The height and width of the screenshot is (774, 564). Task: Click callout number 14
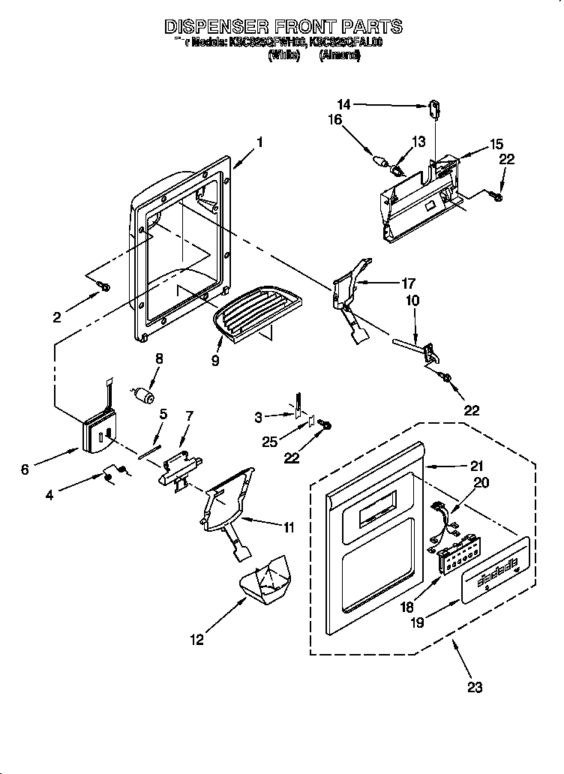pos(343,105)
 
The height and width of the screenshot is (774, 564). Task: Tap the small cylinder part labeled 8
pos(143,394)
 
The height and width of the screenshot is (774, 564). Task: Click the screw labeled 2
pos(104,286)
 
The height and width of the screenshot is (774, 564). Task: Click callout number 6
pos(25,469)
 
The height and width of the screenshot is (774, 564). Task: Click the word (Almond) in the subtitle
pos(339,55)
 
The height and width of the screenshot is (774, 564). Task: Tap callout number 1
pos(259,140)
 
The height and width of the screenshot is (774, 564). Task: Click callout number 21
pos(456,466)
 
